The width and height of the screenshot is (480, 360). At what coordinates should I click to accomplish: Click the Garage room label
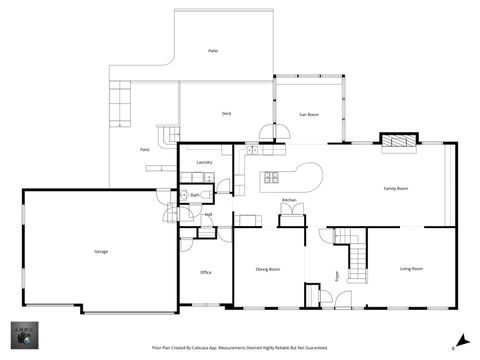click(101, 250)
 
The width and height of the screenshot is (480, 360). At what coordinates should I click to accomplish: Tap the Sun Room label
click(309, 115)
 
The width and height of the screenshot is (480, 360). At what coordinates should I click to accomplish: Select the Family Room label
click(396, 188)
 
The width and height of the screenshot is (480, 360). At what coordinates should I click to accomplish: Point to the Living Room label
click(411, 269)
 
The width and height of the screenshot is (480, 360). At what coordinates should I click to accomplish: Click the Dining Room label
click(267, 269)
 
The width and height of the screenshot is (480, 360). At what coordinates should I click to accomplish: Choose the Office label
click(205, 272)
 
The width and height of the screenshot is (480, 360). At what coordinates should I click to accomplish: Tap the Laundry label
click(204, 161)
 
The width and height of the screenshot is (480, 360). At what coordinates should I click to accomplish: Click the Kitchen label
click(288, 201)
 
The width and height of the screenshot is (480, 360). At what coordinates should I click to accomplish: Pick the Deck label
click(227, 114)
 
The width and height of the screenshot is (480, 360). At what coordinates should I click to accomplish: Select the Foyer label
click(337, 275)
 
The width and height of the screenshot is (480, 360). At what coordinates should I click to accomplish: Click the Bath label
click(195, 195)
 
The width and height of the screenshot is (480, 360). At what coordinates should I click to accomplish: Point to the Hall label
click(208, 214)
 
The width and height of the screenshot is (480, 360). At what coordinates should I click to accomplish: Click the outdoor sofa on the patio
click(122, 103)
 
